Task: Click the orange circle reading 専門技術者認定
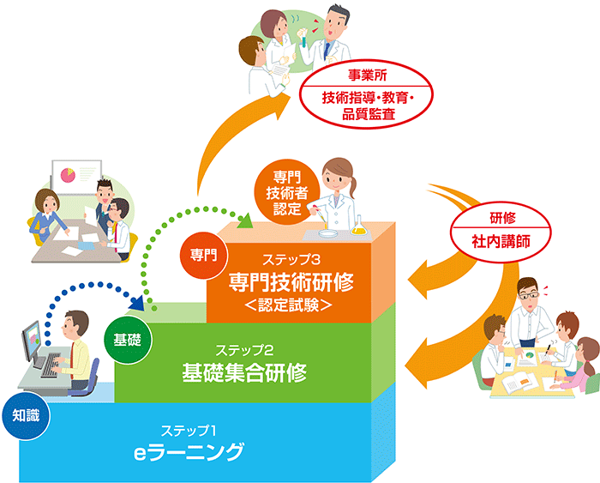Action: coord(282,190)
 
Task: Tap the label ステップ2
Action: coord(244,349)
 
